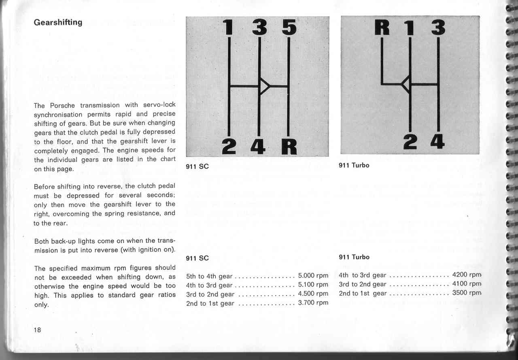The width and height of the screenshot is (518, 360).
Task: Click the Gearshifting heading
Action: [58, 22]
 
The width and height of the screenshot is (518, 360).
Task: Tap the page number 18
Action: [37, 329]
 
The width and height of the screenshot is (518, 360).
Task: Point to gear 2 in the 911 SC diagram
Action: [229, 146]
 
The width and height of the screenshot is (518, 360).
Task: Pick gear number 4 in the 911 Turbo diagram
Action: [437, 141]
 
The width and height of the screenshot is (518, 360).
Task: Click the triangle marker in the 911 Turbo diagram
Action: [406, 84]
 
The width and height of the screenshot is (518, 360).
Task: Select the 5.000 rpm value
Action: [313, 276]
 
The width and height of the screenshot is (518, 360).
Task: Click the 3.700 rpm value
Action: [313, 302]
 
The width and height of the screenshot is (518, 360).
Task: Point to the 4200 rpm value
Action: [466, 275]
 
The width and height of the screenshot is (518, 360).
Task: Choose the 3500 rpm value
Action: [466, 293]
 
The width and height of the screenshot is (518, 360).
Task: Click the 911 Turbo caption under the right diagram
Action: [354, 165]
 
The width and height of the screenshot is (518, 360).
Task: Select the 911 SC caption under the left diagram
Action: [197, 166]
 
